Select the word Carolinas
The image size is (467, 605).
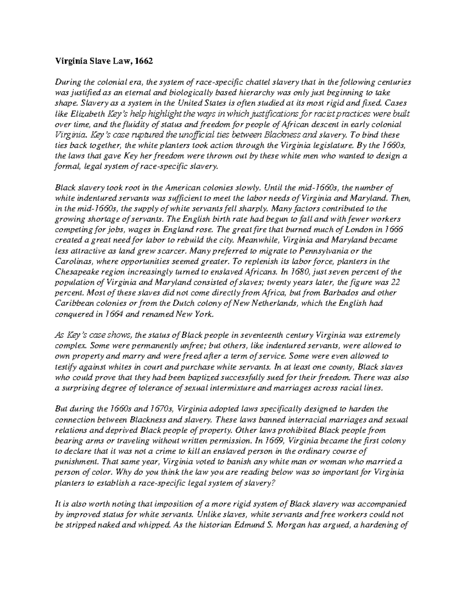(72, 261)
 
